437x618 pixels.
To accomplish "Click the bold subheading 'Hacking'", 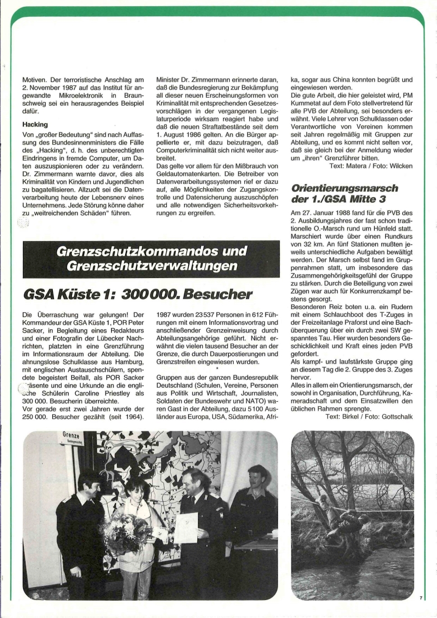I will pos(35,124).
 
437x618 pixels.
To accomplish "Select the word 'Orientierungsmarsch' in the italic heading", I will pos(344,188).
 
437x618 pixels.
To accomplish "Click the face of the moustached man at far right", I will pos(258,479).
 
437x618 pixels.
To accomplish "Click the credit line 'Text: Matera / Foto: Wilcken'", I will pos(370,165).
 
